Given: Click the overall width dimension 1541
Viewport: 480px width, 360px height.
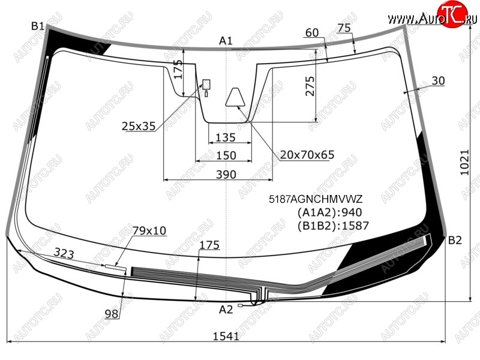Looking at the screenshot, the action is tap(226, 337).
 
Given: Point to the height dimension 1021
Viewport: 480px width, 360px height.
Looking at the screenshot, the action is tap(464, 162).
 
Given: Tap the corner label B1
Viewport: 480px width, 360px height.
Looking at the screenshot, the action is tap(38, 26).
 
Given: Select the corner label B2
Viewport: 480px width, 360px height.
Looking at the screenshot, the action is tap(455, 241).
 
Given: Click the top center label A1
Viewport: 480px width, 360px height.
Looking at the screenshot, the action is tap(226, 41).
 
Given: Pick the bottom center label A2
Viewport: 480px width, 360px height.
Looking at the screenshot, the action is tap(226, 310).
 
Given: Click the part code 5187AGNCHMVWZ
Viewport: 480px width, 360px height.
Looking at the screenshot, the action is tap(316, 199).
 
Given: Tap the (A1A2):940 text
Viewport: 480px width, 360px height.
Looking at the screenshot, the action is tap(329, 212).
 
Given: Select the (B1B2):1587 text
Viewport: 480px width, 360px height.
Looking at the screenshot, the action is tap(333, 226).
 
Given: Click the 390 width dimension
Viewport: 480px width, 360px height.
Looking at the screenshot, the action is tap(226, 175).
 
